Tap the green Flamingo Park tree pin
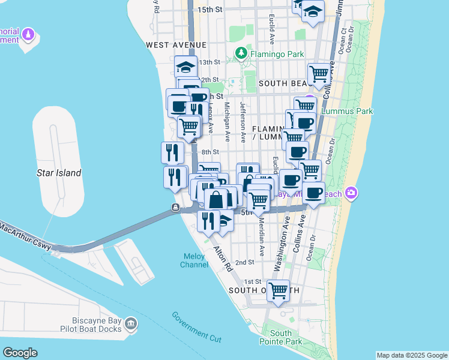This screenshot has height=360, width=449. tap(241, 53)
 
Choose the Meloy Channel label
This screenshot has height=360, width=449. tap(194, 260)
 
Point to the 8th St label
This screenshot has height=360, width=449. tap(211, 152)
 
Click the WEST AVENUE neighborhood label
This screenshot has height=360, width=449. tap(176, 45)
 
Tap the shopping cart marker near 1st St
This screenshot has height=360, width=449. tap(278, 291)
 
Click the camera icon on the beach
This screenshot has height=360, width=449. tap(350, 193)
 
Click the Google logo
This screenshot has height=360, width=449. tap(20, 352)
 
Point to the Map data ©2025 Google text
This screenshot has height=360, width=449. tap(411, 355)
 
